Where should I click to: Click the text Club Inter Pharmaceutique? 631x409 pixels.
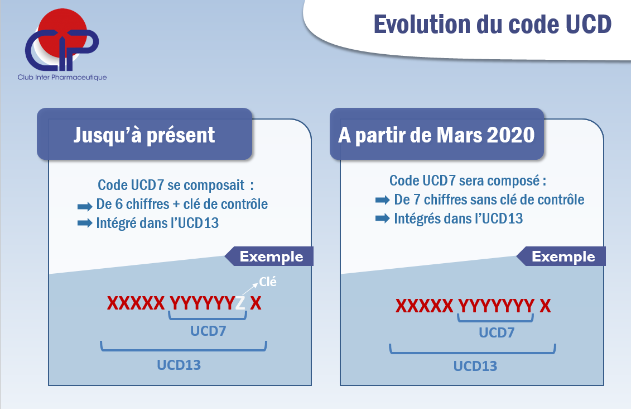62,77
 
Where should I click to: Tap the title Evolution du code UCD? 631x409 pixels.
493,24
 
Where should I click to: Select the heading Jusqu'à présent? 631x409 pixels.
144,135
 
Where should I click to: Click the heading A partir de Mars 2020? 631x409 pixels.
436,135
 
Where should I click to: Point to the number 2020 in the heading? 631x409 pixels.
510,135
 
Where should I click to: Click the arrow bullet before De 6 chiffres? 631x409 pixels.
85,207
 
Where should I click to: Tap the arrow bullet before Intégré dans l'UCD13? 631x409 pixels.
85,223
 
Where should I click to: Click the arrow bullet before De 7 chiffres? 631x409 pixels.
382,200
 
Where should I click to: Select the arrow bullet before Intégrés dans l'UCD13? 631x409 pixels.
382,218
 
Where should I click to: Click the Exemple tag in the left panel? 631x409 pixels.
269,256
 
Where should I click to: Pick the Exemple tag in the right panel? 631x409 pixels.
561,256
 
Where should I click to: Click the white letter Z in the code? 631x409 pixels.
240,303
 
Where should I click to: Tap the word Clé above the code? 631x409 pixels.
268,282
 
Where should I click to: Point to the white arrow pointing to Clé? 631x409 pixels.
249,289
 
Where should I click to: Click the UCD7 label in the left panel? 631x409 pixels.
208,331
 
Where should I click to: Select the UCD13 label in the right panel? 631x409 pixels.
475,366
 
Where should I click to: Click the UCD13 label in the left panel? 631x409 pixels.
179,365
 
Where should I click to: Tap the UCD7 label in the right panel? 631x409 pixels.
497,332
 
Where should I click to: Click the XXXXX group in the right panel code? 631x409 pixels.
424,306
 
